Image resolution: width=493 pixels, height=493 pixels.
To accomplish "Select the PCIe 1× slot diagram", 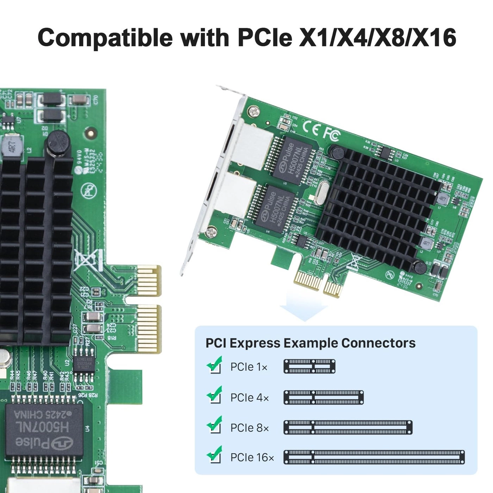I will (309, 367).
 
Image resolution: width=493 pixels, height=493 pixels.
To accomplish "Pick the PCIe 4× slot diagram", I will (324, 397).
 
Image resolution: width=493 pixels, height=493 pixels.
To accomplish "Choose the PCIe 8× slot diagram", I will (348, 427).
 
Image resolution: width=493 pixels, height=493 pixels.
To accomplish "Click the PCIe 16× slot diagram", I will (374, 457).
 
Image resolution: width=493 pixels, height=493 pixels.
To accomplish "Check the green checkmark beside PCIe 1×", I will (214, 365).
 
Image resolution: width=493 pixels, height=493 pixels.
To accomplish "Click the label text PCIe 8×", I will (249, 428).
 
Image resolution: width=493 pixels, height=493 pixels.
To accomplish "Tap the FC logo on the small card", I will (331, 134).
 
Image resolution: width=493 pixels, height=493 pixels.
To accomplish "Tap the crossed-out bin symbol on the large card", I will (84, 260).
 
